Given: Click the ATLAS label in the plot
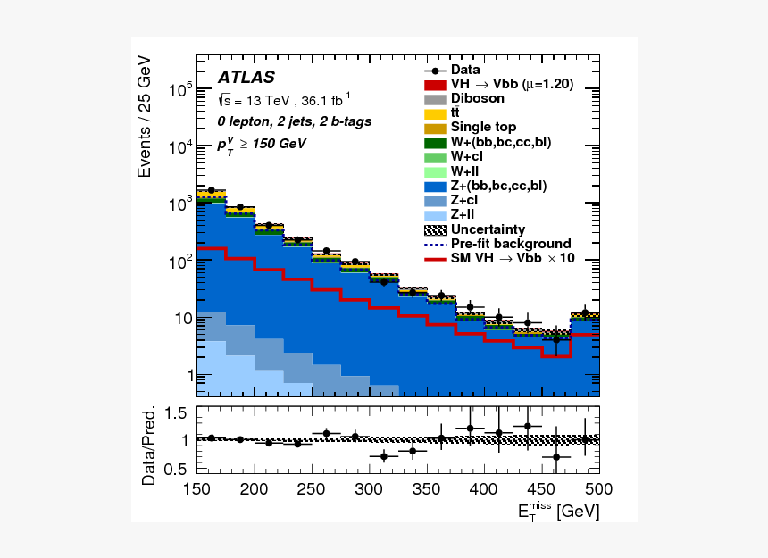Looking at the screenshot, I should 246,78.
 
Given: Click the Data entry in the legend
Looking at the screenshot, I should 465,70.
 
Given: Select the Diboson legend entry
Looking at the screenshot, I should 477,98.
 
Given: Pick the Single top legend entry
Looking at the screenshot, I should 483,127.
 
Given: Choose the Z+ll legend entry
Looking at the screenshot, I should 466,214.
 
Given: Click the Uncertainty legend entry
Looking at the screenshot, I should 488,229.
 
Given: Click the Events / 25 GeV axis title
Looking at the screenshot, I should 145,116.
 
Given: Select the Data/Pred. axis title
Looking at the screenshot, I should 148,446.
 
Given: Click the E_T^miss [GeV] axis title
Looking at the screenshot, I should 558,511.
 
